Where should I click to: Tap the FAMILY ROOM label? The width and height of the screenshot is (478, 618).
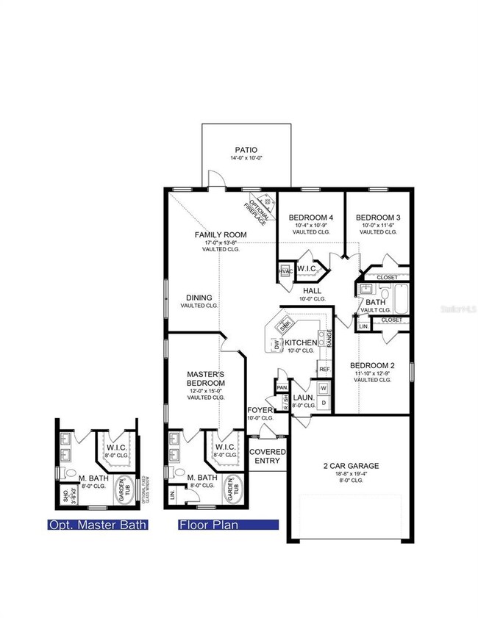coord(221,235)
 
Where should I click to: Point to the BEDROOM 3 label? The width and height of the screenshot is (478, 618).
coord(378,217)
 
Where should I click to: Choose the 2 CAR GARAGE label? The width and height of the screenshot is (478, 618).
coord(351,466)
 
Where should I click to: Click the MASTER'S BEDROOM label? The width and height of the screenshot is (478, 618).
coord(205,378)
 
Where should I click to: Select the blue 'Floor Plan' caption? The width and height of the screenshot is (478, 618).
coord(228,525)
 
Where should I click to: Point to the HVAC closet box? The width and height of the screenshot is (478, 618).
coord(285,271)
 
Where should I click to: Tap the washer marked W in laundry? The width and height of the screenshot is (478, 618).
coord(323,387)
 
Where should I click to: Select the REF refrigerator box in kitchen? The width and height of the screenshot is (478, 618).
coord(323,369)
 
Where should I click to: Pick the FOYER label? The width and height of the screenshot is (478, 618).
coord(260,410)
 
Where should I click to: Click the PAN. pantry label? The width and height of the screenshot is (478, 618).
coord(282,387)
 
